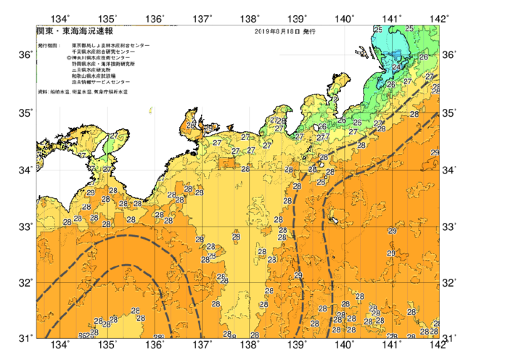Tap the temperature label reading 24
click(396, 67)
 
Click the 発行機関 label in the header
click(47, 45)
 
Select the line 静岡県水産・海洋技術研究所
click(106, 65)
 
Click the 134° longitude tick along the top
click(61, 18)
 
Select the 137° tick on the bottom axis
click(202, 344)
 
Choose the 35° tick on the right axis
click(450, 112)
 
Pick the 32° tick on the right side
click(450, 282)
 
